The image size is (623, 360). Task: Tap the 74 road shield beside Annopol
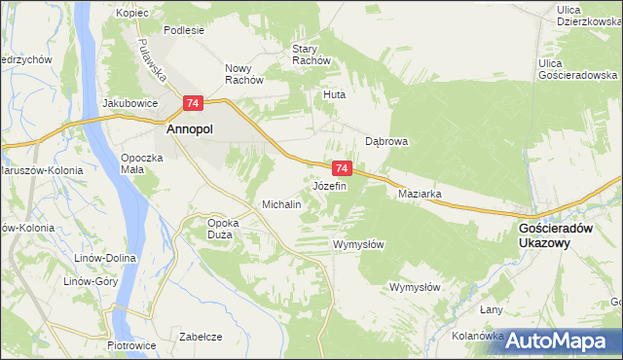[x=193, y=102]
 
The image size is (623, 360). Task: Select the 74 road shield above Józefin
[x=341, y=167]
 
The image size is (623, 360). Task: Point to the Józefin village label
[x=329, y=185]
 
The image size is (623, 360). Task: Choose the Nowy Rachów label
[x=245, y=74]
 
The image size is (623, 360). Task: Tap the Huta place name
[x=335, y=95]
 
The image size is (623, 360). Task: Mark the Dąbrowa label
[x=385, y=141]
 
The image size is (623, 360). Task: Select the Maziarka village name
[x=421, y=194]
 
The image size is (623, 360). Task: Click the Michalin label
[x=281, y=205]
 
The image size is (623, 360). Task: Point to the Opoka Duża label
[x=223, y=228]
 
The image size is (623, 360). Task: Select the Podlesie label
[x=184, y=30]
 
